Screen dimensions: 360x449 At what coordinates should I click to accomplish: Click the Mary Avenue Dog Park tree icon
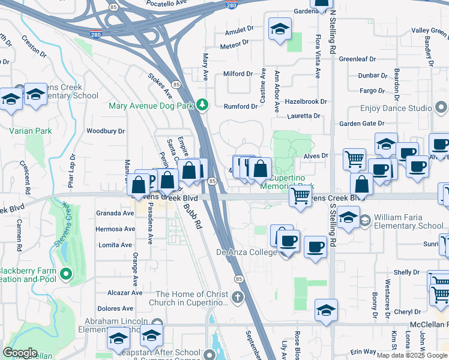[x=203, y=105]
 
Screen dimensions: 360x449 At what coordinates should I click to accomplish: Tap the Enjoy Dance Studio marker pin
[x=441, y=108]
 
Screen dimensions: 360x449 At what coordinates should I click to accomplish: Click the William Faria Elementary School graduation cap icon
[x=364, y=221]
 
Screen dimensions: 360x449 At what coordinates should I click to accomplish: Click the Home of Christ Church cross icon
[x=238, y=298]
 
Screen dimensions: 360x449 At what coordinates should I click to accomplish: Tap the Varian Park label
[x=30, y=131]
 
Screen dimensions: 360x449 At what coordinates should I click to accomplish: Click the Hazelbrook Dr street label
[x=306, y=102]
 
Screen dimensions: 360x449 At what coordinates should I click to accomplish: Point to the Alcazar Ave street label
[x=124, y=293]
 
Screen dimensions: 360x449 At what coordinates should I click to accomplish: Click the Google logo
[x=20, y=353]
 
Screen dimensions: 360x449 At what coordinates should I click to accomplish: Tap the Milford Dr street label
[x=238, y=74]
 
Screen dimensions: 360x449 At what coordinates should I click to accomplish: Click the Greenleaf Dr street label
[x=357, y=59]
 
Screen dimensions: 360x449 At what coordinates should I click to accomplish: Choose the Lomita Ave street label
[x=115, y=245]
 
